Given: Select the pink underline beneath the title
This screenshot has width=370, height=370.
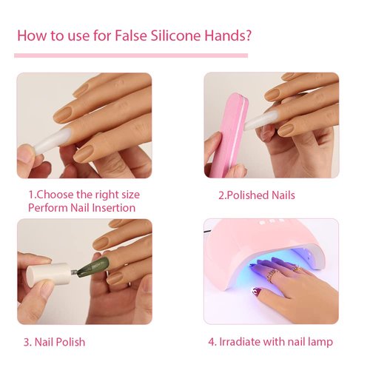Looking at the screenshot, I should click(x=131, y=55).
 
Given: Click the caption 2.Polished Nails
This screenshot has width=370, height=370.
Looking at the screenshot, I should click(x=256, y=195).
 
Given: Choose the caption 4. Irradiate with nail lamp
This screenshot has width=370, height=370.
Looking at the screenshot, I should click(x=269, y=342).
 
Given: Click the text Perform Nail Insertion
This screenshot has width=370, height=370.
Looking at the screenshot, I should click(x=81, y=208).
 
